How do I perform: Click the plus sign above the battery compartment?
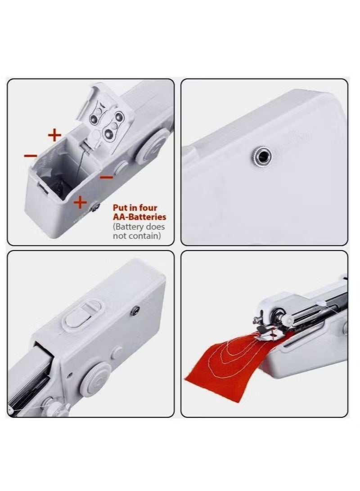pos(54,134)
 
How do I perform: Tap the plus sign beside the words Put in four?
pos(80,203)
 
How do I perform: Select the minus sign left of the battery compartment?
pos(31,156)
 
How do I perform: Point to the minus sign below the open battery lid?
pos(106,177)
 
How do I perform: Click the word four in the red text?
pos(148,208)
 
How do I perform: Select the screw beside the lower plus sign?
pos(95,206)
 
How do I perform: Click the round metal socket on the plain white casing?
pos(261,156)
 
